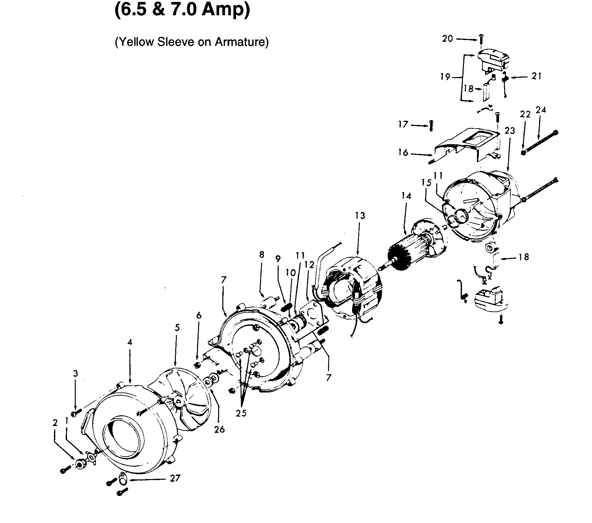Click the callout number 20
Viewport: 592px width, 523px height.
click(448, 39)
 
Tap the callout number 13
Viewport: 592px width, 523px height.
click(360, 215)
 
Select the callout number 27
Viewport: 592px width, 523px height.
click(175, 478)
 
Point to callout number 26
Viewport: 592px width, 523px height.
click(219, 429)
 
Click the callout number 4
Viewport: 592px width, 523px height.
click(130, 342)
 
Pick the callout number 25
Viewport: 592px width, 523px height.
click(241, 413)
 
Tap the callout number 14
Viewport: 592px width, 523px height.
click(406, 196)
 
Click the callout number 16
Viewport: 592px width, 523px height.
click(403, 152)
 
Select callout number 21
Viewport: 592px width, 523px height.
click(536, 76)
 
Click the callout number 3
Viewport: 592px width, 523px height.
click(75, 374)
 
